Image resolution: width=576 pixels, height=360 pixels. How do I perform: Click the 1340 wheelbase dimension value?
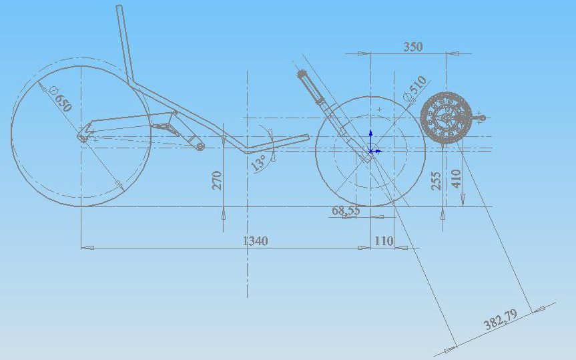[256, 241]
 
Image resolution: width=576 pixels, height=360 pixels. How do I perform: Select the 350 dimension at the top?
[413, 47]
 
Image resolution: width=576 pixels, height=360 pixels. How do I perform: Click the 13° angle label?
[258, 162]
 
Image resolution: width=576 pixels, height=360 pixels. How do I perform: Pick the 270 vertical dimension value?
[217, 180]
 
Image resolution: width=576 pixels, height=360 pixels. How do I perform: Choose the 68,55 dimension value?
[346, 210]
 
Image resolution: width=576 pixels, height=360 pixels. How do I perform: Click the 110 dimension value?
[384, 241]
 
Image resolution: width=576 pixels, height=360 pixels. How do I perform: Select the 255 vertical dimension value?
[436, 181]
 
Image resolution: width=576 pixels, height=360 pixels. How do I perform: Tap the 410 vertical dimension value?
[456, 179]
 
